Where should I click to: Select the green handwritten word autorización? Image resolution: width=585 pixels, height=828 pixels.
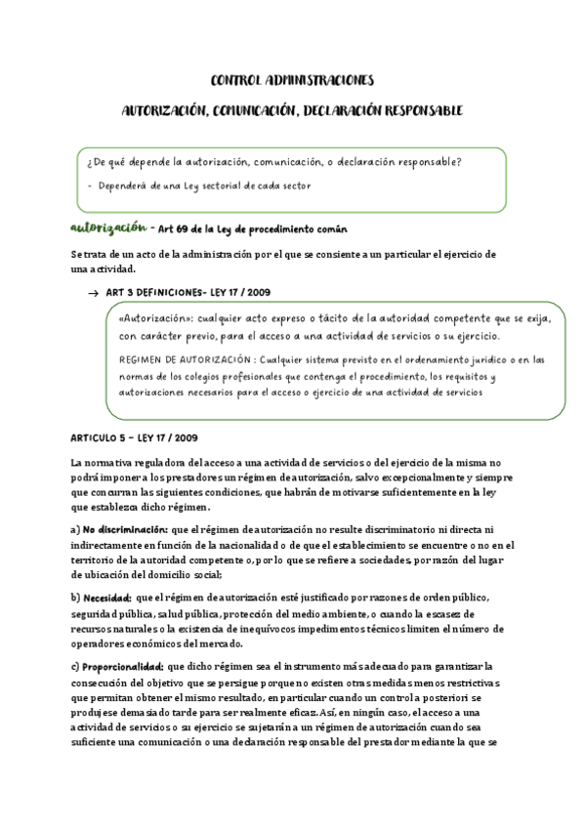107,228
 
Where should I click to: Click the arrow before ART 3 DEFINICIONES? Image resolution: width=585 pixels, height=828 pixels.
93,292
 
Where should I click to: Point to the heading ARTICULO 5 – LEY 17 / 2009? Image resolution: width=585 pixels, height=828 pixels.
135,436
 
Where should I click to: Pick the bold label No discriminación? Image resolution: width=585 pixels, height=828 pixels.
122,528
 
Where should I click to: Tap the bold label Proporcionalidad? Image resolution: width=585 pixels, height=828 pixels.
124,664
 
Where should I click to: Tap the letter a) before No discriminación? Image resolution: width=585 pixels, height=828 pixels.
75,528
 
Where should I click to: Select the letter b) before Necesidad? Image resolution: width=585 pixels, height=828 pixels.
75,596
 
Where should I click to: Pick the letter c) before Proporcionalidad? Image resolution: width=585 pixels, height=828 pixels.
75,664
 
